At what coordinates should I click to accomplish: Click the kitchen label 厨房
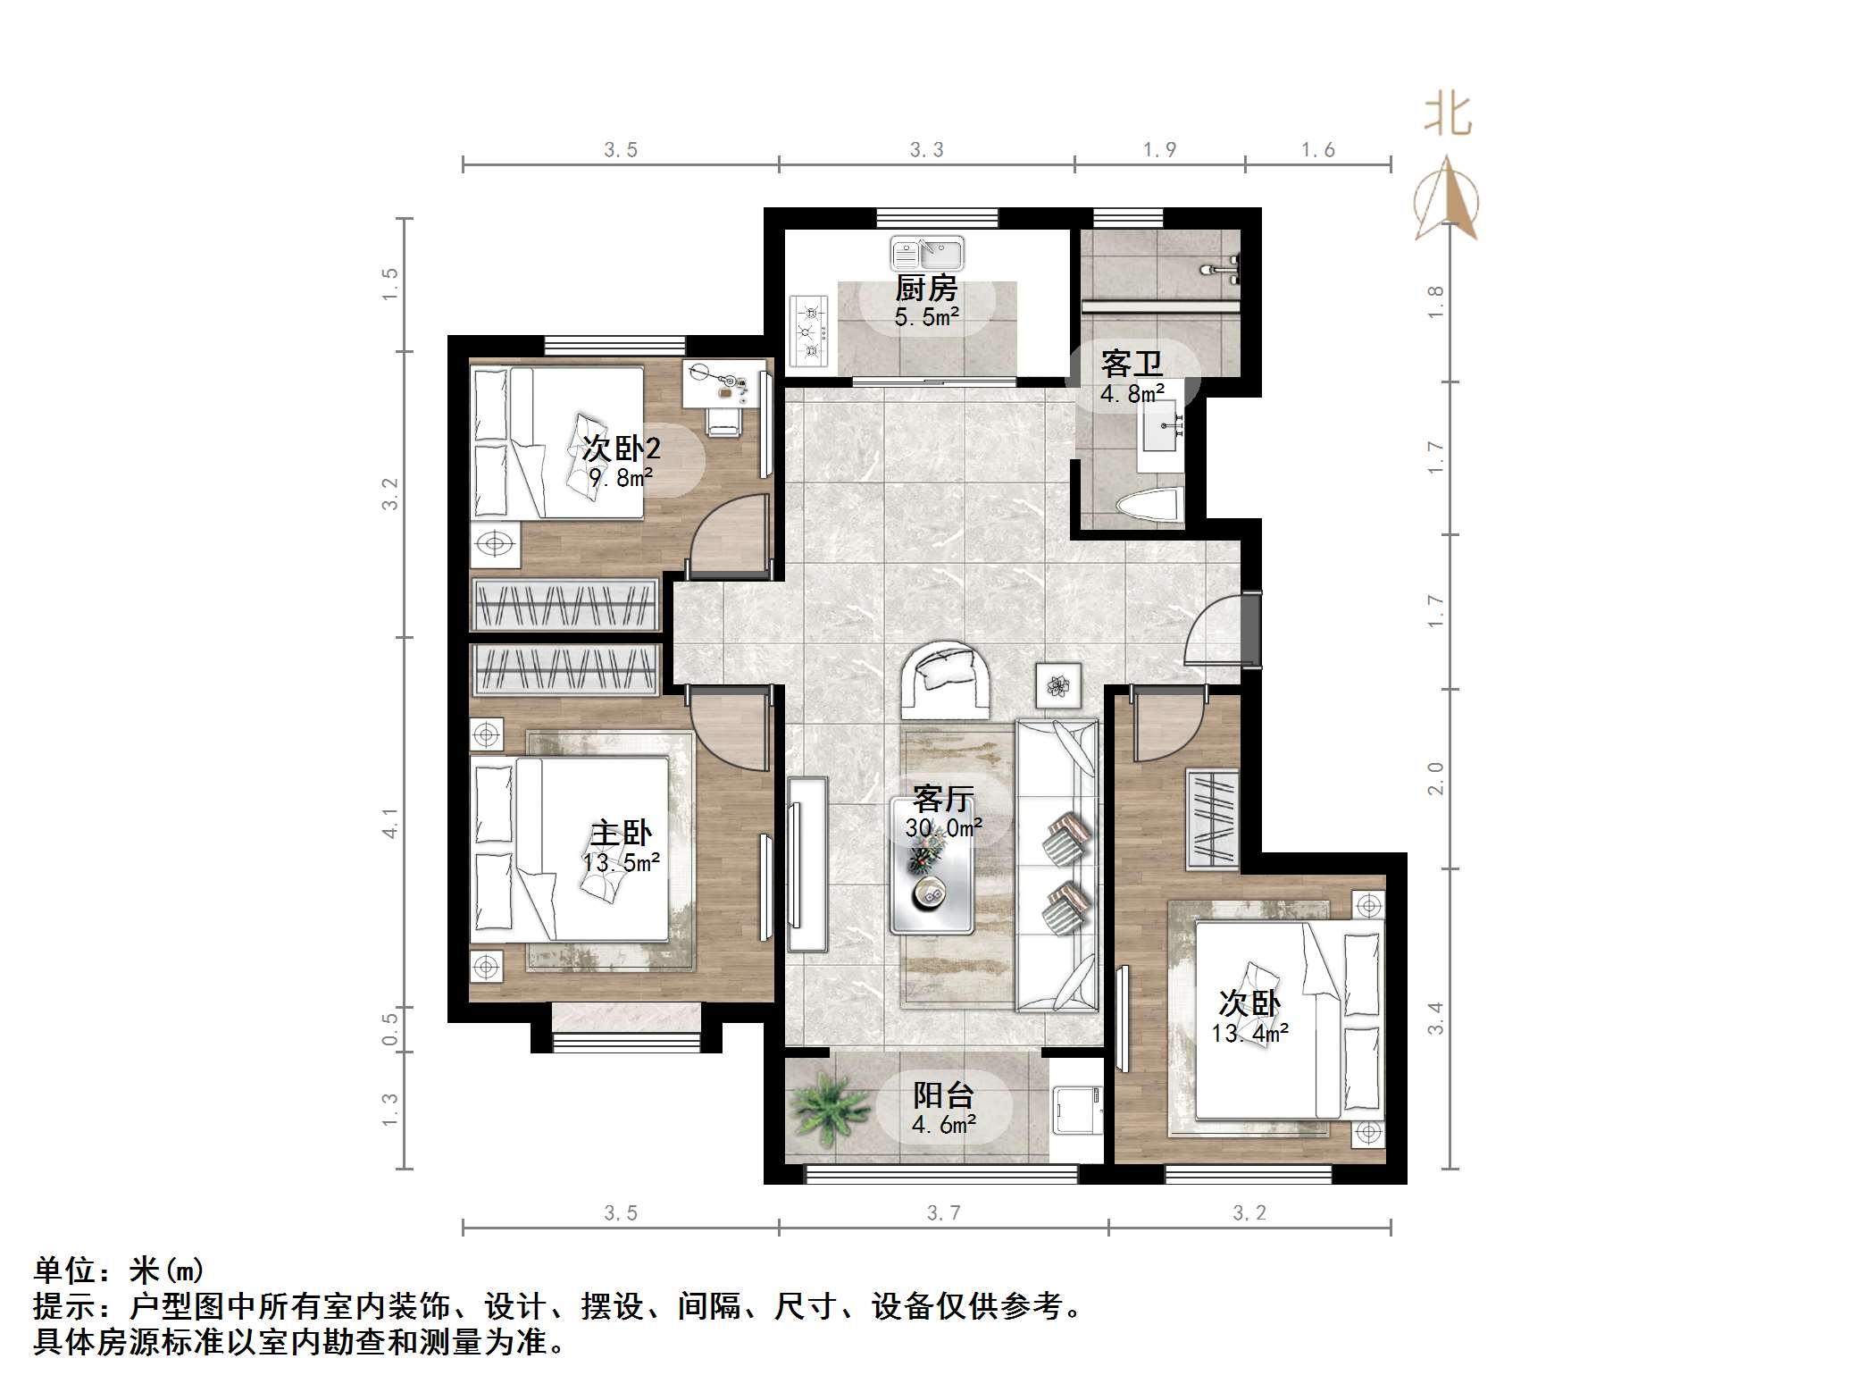coord(926,289)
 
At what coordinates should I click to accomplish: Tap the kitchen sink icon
coord(926,254)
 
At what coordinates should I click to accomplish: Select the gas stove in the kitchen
coord(810,331)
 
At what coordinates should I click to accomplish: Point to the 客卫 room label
coord(1132,365)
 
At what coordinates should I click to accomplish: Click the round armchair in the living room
coord(947,680)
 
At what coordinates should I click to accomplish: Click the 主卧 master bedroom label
coord(621,834)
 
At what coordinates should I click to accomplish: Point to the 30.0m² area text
coord(943,828)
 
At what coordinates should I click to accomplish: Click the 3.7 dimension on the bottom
coord(943,1212)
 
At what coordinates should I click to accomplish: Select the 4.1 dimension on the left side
coord(389,823)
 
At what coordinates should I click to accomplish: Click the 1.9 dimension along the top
coord(1159,150)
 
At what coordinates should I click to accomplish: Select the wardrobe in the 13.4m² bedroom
coord(1212,818)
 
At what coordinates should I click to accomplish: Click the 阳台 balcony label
coord(943,1095)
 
